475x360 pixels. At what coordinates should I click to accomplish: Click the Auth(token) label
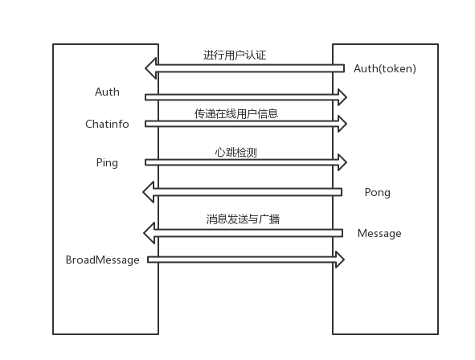(385, 68)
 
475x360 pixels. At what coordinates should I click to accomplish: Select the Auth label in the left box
(107, 92)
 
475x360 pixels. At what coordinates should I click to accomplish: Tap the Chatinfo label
(107, 124)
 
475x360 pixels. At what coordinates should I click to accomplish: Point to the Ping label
(107, 162)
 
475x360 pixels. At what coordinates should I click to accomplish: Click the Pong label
(377, 192)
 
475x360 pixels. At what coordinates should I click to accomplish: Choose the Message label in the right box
(379, 233)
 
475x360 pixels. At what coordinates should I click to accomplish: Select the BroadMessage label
(102, 260)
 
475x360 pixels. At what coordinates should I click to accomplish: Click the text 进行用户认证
(235, 55)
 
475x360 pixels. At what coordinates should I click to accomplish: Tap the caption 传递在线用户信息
(236, 113)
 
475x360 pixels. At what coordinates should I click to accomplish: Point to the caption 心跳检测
(236, 152)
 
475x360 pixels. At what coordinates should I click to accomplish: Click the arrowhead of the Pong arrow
(149, 192)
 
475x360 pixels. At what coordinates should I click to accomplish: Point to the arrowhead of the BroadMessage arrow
(339, 260)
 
